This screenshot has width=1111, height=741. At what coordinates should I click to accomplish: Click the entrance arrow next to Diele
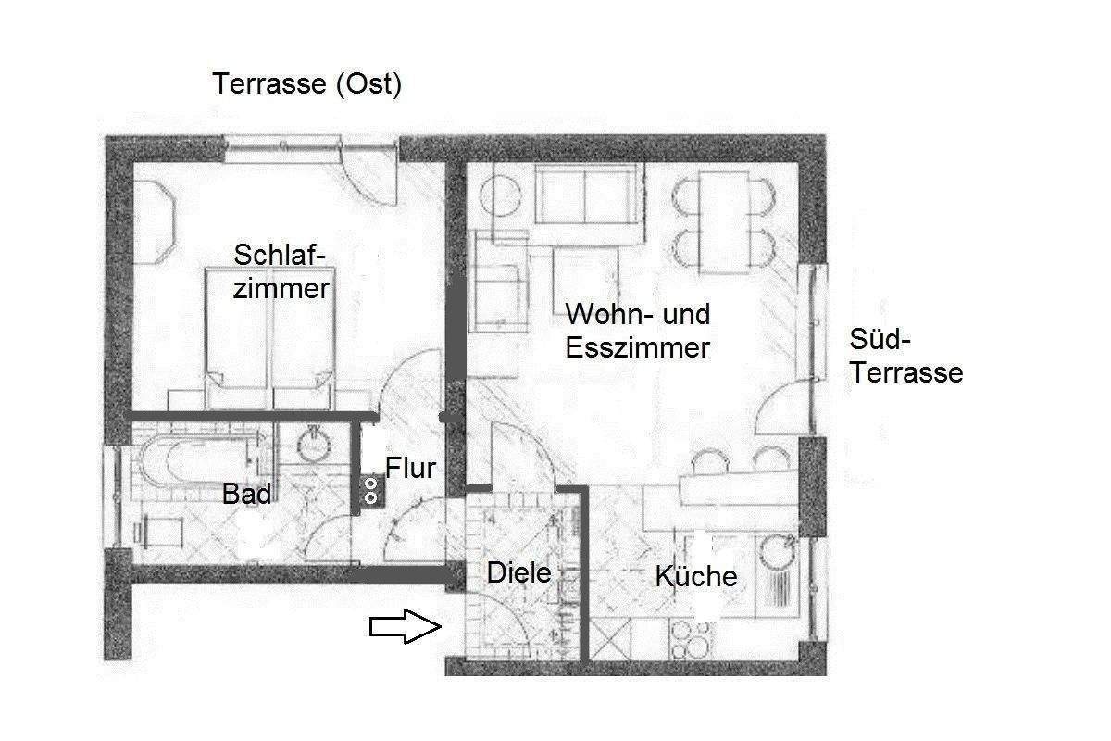(405, 627)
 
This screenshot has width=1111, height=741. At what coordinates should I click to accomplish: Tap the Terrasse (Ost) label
(306, 84)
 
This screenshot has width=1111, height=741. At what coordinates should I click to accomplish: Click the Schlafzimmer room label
(281, 270)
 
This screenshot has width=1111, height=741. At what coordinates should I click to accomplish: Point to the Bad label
(247, 494)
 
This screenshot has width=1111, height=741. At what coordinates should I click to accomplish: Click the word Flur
(410, 468)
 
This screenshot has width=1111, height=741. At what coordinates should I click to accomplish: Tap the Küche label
(696, 576)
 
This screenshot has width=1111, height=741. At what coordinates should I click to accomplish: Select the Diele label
(518, 573)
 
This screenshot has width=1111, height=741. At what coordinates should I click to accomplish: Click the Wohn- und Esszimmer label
(639, 331)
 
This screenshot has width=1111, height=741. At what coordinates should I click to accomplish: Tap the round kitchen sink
(776, 556)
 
